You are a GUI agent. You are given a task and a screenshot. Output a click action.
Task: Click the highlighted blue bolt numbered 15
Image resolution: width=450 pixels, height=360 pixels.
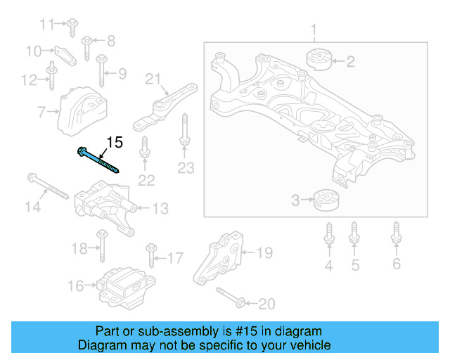[x=98, y=160]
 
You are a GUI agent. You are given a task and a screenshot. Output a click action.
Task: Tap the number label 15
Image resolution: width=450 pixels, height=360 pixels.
[x=114, y=143]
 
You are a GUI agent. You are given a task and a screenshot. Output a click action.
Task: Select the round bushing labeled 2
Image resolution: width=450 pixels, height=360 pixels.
[x=318, y=60]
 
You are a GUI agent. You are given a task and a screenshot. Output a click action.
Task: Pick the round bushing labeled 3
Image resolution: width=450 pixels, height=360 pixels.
[x=326, y=200]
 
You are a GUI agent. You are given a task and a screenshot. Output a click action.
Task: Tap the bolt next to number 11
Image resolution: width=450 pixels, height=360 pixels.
[x=72, y=26]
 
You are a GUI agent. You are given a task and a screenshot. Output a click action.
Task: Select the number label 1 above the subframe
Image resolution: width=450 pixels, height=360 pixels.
[x=314, y=30]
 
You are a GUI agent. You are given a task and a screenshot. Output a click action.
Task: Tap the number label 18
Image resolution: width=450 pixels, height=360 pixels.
[x=79, y=248]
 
